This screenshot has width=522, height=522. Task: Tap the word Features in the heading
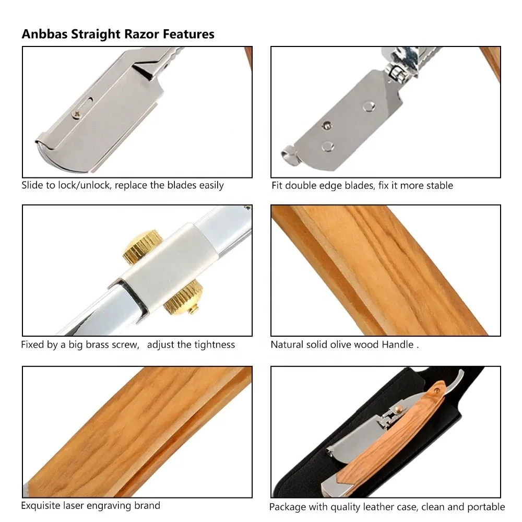coord(188,34)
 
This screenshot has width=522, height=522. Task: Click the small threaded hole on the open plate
coord(327,125)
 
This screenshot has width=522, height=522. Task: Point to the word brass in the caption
coord(96,345)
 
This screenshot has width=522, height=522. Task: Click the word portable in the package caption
coord(487,507)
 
